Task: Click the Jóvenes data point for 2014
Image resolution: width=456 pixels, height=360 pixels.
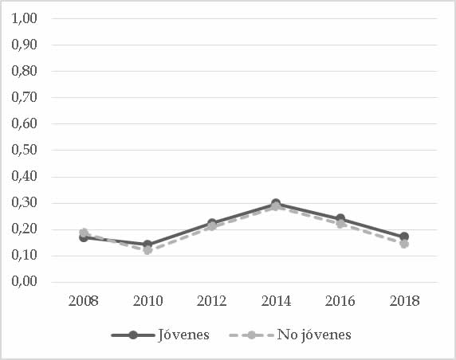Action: click(276, 204)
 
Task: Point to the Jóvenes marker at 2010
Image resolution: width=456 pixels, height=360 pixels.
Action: click(147, 245)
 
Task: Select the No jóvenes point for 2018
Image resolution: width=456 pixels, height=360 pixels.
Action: click(404, 244)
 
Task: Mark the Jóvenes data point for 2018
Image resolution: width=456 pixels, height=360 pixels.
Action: click(404, 237)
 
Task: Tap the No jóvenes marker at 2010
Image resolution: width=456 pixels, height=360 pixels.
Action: click(147, 250)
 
